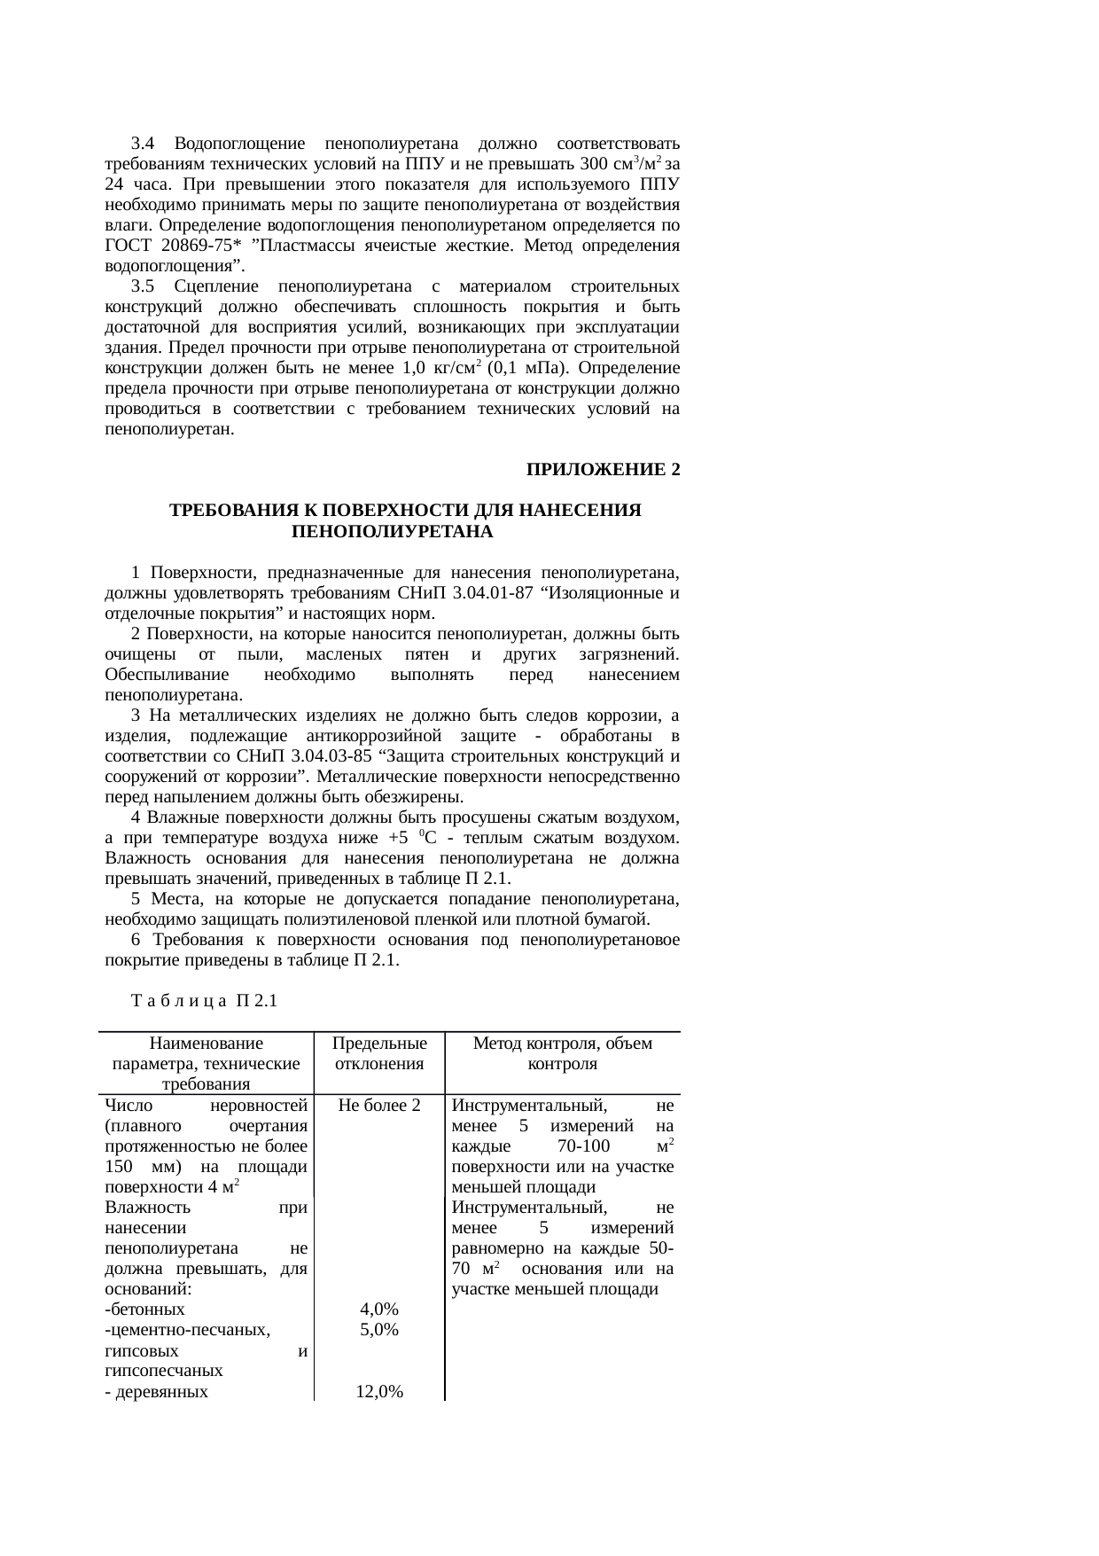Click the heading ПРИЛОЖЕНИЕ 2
(603, 470)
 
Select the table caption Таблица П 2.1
(204, 1001)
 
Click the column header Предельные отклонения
(378, 1053)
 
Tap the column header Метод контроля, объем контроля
(562, 1053)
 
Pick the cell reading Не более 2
(378, 1106)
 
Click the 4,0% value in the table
(378, 1310)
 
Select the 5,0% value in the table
(378, 1330)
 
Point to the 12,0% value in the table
(379, 1392)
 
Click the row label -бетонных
(144, 1310)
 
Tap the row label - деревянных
(156, 1392)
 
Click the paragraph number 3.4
(143, 144)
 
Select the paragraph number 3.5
(143, 286)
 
